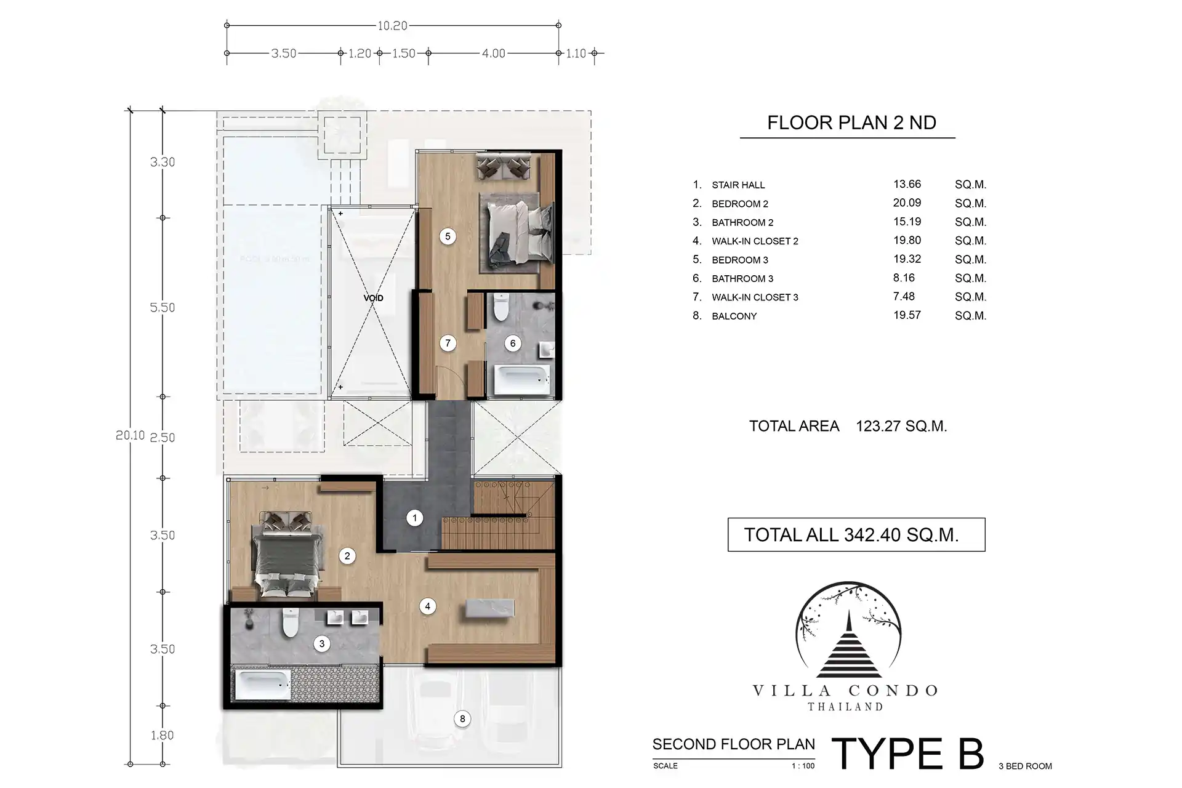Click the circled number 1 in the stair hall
(415, 518)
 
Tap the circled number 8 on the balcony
(462, 718)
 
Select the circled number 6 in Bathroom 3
(513, 344)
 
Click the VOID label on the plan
(373, 298)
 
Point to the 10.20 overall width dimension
(393, 26)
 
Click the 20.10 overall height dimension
(130, 435)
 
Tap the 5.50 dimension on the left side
(163, 308)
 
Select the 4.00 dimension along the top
(493, 54)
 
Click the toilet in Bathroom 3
(501, 307)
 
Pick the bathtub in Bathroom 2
(264, 685)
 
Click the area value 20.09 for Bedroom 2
(907, 203)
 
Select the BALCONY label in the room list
(734, 316)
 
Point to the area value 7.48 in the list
(904, 297)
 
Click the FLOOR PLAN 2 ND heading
(851, 123)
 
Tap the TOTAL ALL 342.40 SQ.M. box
(856, 534)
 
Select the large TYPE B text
(908, 754)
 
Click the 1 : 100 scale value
(803, 766)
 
